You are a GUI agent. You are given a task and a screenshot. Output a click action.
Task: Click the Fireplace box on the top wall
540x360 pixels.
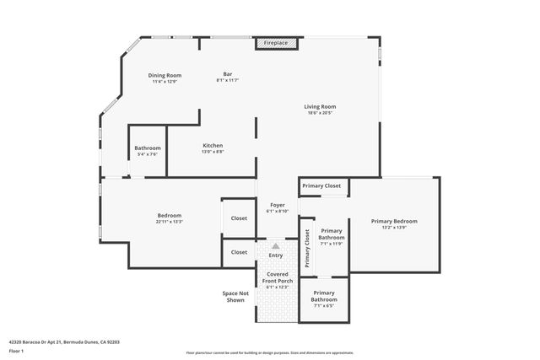tap(276, 42)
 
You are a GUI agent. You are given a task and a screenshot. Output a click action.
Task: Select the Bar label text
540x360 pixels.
tap(228, 73)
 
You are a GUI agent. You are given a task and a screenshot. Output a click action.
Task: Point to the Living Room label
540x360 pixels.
tap(321, 106)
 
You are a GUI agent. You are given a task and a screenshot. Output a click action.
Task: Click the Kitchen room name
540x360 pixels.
tap(213, 146)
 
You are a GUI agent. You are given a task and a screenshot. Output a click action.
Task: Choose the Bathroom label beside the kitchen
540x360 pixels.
tap(147, 148)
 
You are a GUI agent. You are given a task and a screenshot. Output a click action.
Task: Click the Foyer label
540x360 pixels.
tap(277, 205)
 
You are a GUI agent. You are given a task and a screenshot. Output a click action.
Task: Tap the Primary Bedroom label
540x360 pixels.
tap(394, 221)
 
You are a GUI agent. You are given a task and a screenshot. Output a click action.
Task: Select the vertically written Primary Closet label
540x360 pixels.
tap(308, 249)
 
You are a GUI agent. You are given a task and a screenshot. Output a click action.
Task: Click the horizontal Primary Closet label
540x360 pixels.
tap(321, 185)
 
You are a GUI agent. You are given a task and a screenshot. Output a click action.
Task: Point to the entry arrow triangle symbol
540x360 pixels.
tap(275, 245)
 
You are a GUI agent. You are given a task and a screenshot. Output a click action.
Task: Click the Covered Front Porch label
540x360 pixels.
tap(277, 277)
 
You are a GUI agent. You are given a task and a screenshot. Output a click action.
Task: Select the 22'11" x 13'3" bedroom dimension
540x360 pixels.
tap(170, 221)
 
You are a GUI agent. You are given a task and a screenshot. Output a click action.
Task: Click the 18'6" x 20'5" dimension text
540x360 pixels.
tap(321, 114)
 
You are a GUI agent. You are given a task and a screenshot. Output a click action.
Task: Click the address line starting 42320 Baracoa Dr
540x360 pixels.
tap(64, 342)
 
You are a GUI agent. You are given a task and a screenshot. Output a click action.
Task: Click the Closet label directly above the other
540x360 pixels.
tap(240, 218)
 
